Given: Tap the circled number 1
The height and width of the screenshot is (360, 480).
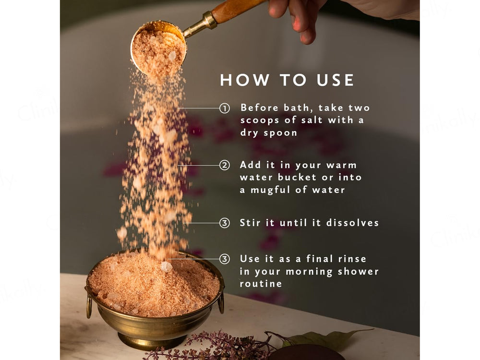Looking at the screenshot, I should [225, 108].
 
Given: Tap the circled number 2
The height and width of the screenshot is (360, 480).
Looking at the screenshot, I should [225, 166].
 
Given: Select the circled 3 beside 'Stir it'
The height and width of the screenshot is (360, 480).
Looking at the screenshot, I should [225, 223].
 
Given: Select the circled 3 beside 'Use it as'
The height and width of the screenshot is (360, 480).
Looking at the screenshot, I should [225, 259].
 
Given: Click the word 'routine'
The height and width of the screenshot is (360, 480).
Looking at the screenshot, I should [261, 284].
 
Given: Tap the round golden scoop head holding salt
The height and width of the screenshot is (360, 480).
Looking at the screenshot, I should [158, 48].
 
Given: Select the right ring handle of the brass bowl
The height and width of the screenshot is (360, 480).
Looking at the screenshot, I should [221, 302].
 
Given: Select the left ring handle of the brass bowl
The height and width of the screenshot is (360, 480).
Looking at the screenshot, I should [89, 306].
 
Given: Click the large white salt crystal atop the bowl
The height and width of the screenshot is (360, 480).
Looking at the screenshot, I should [166, 266].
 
